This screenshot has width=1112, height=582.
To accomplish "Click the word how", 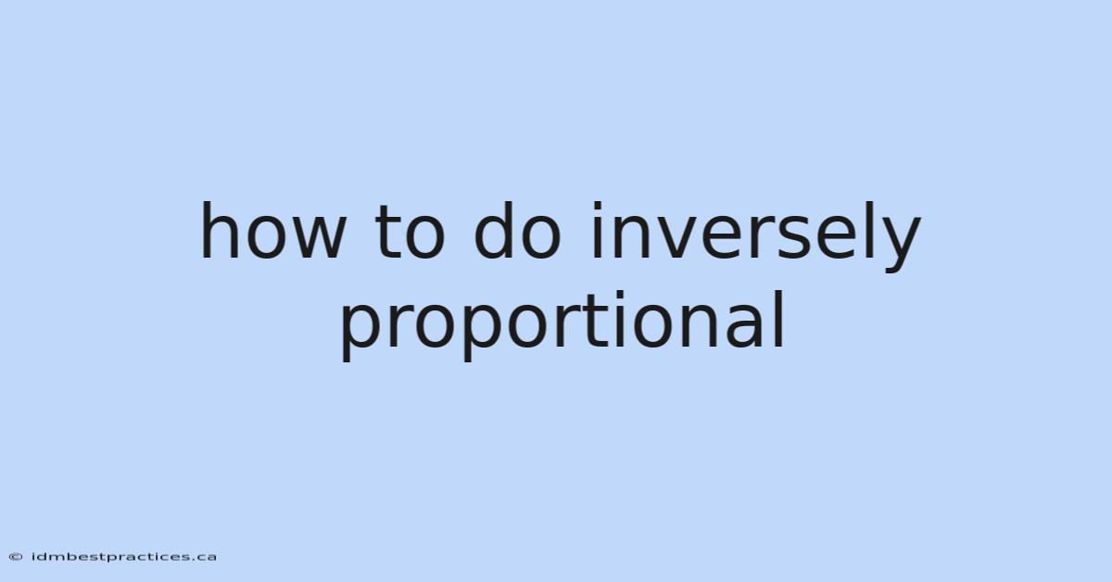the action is coord(272,231).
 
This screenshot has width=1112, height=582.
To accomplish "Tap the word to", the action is coord(410,234).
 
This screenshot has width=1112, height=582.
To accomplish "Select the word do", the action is coord(518,231).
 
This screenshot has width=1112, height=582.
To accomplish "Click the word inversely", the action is coord(756,236).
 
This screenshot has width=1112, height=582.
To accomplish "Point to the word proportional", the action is coord(562,326).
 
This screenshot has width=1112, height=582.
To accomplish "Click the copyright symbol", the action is coord(16,557).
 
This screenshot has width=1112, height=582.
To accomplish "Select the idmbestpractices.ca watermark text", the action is coord(124,557).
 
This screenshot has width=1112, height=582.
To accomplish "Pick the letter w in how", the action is coord(316,238).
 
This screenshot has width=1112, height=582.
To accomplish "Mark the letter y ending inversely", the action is coord(900,245).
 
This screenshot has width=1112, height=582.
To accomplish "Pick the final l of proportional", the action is coord(780,320).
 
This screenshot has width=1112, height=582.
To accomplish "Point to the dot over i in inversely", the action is coord(597,206).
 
